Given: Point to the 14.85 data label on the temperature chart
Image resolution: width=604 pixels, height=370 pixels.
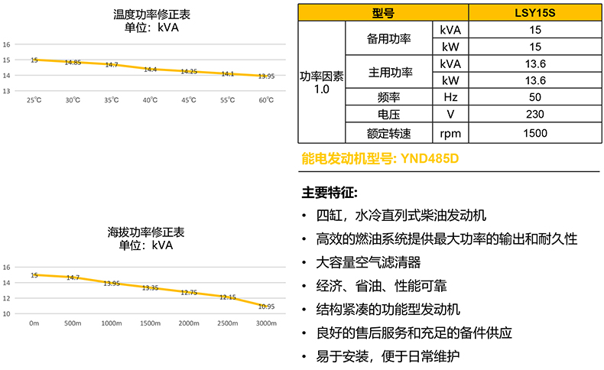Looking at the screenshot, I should tap(73, 63).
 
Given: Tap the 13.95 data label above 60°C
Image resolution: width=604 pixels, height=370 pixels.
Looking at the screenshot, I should tap(266, 76).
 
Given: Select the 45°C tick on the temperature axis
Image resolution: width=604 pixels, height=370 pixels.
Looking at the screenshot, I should tap(189, 100).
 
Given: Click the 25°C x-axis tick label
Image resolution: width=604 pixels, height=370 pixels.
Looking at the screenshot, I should tap(34, 100).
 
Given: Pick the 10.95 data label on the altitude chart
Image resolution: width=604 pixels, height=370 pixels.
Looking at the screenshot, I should tap(266, 307).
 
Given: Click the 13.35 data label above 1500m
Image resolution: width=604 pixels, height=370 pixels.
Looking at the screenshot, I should tap(150, 288).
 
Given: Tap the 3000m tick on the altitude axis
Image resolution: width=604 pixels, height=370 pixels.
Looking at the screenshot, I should tap(266, 323).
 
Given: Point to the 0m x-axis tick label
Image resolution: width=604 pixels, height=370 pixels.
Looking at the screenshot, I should tap(34, 323).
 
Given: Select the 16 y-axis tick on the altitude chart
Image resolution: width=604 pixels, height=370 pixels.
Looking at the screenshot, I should tap(6, 267).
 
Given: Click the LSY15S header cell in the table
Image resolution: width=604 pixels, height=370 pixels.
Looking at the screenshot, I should tap(535, 13).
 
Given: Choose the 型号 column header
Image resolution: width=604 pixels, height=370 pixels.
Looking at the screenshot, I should tap(383, 13).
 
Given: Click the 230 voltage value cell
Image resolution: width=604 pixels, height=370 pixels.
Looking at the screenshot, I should tap(535, 115).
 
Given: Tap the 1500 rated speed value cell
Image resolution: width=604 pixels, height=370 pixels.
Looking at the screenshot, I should tap(535, 133).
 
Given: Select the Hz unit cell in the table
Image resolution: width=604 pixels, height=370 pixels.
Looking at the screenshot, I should tap(450, 97).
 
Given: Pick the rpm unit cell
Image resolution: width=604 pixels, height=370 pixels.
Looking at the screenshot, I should tap(450, 133).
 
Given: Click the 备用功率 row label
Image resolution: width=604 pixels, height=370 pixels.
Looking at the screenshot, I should tap(390, 39).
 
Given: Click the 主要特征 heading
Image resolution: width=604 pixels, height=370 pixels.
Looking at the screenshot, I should tap(330, 190).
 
